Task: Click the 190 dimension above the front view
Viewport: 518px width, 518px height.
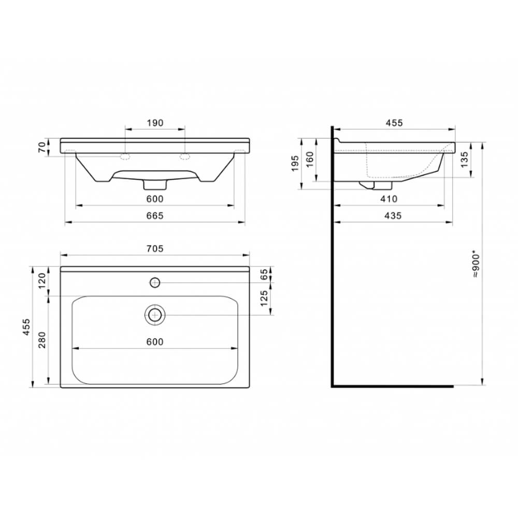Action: [x=155, y=123]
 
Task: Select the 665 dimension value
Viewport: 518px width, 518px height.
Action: [x=155, y=215]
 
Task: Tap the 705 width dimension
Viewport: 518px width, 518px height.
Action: [x=155, y=249]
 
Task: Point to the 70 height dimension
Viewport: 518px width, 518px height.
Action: [x=41, y=147]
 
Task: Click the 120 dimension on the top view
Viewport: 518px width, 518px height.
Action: [x=42, y=281]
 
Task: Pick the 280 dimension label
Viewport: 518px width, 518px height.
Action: [x=42, y=340]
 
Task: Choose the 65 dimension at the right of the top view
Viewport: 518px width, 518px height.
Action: [x=264, y=274]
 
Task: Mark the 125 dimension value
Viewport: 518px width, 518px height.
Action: [x=264, y=298]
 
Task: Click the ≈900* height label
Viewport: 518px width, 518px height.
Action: [x=476, y=265]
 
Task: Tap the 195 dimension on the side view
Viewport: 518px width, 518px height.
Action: [x=295, y=164]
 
